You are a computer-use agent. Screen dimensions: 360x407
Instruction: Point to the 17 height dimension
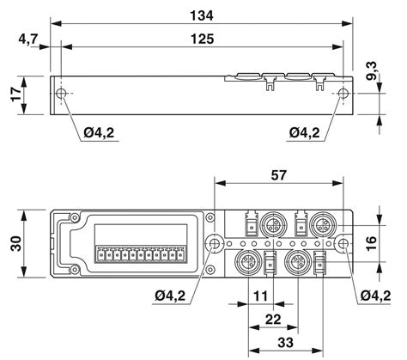11,94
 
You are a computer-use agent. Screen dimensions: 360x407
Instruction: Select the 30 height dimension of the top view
13,245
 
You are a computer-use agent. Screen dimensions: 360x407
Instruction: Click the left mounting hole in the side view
62,95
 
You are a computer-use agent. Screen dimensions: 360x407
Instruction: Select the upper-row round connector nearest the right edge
322,225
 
